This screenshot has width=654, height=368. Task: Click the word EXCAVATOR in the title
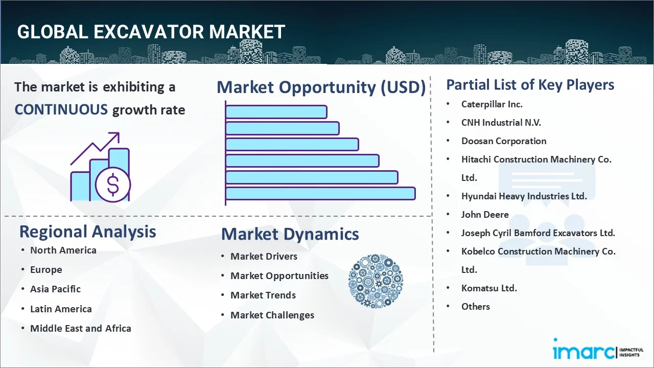point(149,32)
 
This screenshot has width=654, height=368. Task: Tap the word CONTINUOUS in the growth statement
point(61,110)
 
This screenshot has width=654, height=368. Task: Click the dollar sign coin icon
point(113,185)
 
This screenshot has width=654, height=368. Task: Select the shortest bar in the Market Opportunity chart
point(276,112)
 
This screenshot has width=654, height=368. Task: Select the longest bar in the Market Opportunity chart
point(320,194)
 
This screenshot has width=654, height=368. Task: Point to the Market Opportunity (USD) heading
point(321,87)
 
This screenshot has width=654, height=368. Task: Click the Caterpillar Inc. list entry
point(492,104)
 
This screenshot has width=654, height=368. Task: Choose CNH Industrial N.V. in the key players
point(501,123)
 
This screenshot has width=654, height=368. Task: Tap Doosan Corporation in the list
point(504,141)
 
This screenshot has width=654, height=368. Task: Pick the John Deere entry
point(485,215)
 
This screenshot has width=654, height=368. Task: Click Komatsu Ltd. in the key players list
point(489,288)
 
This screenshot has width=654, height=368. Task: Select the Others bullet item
point(476,307)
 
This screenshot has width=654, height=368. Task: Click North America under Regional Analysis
point(63,250)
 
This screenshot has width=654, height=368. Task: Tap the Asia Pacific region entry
point(56,289)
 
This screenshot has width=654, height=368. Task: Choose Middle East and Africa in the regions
point(81,328)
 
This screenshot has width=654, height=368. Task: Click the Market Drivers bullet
point(264,257)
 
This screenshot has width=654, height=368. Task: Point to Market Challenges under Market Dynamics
point(272,315)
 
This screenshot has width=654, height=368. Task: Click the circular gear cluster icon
point(376,281)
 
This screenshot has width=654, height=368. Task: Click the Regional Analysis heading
point(87,232)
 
